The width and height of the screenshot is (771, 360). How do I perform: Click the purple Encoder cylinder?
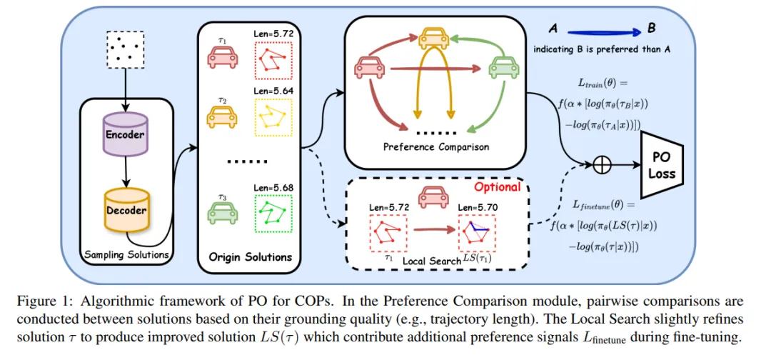(125, 134)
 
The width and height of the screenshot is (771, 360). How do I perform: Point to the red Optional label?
(497, 187)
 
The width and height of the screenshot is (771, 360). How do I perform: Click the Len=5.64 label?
(273, 91)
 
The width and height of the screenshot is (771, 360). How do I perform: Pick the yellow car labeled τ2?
(221, 116)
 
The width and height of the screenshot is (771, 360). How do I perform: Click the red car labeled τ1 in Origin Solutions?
(221, 56)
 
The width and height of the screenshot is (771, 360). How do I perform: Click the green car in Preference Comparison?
(503, 68)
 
